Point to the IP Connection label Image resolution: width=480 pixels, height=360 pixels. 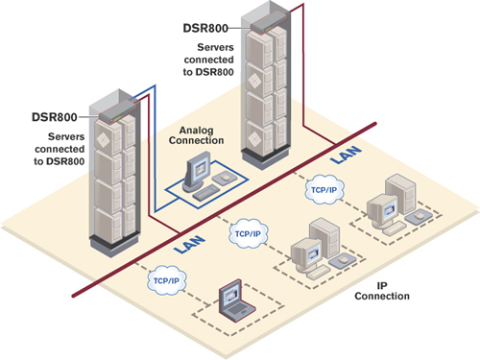(388, 289)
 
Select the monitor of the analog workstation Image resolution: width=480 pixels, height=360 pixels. (198, 173)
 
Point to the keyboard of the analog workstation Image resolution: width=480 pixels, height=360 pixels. (204, 195)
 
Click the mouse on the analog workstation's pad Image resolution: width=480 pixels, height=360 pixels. (223, 180)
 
